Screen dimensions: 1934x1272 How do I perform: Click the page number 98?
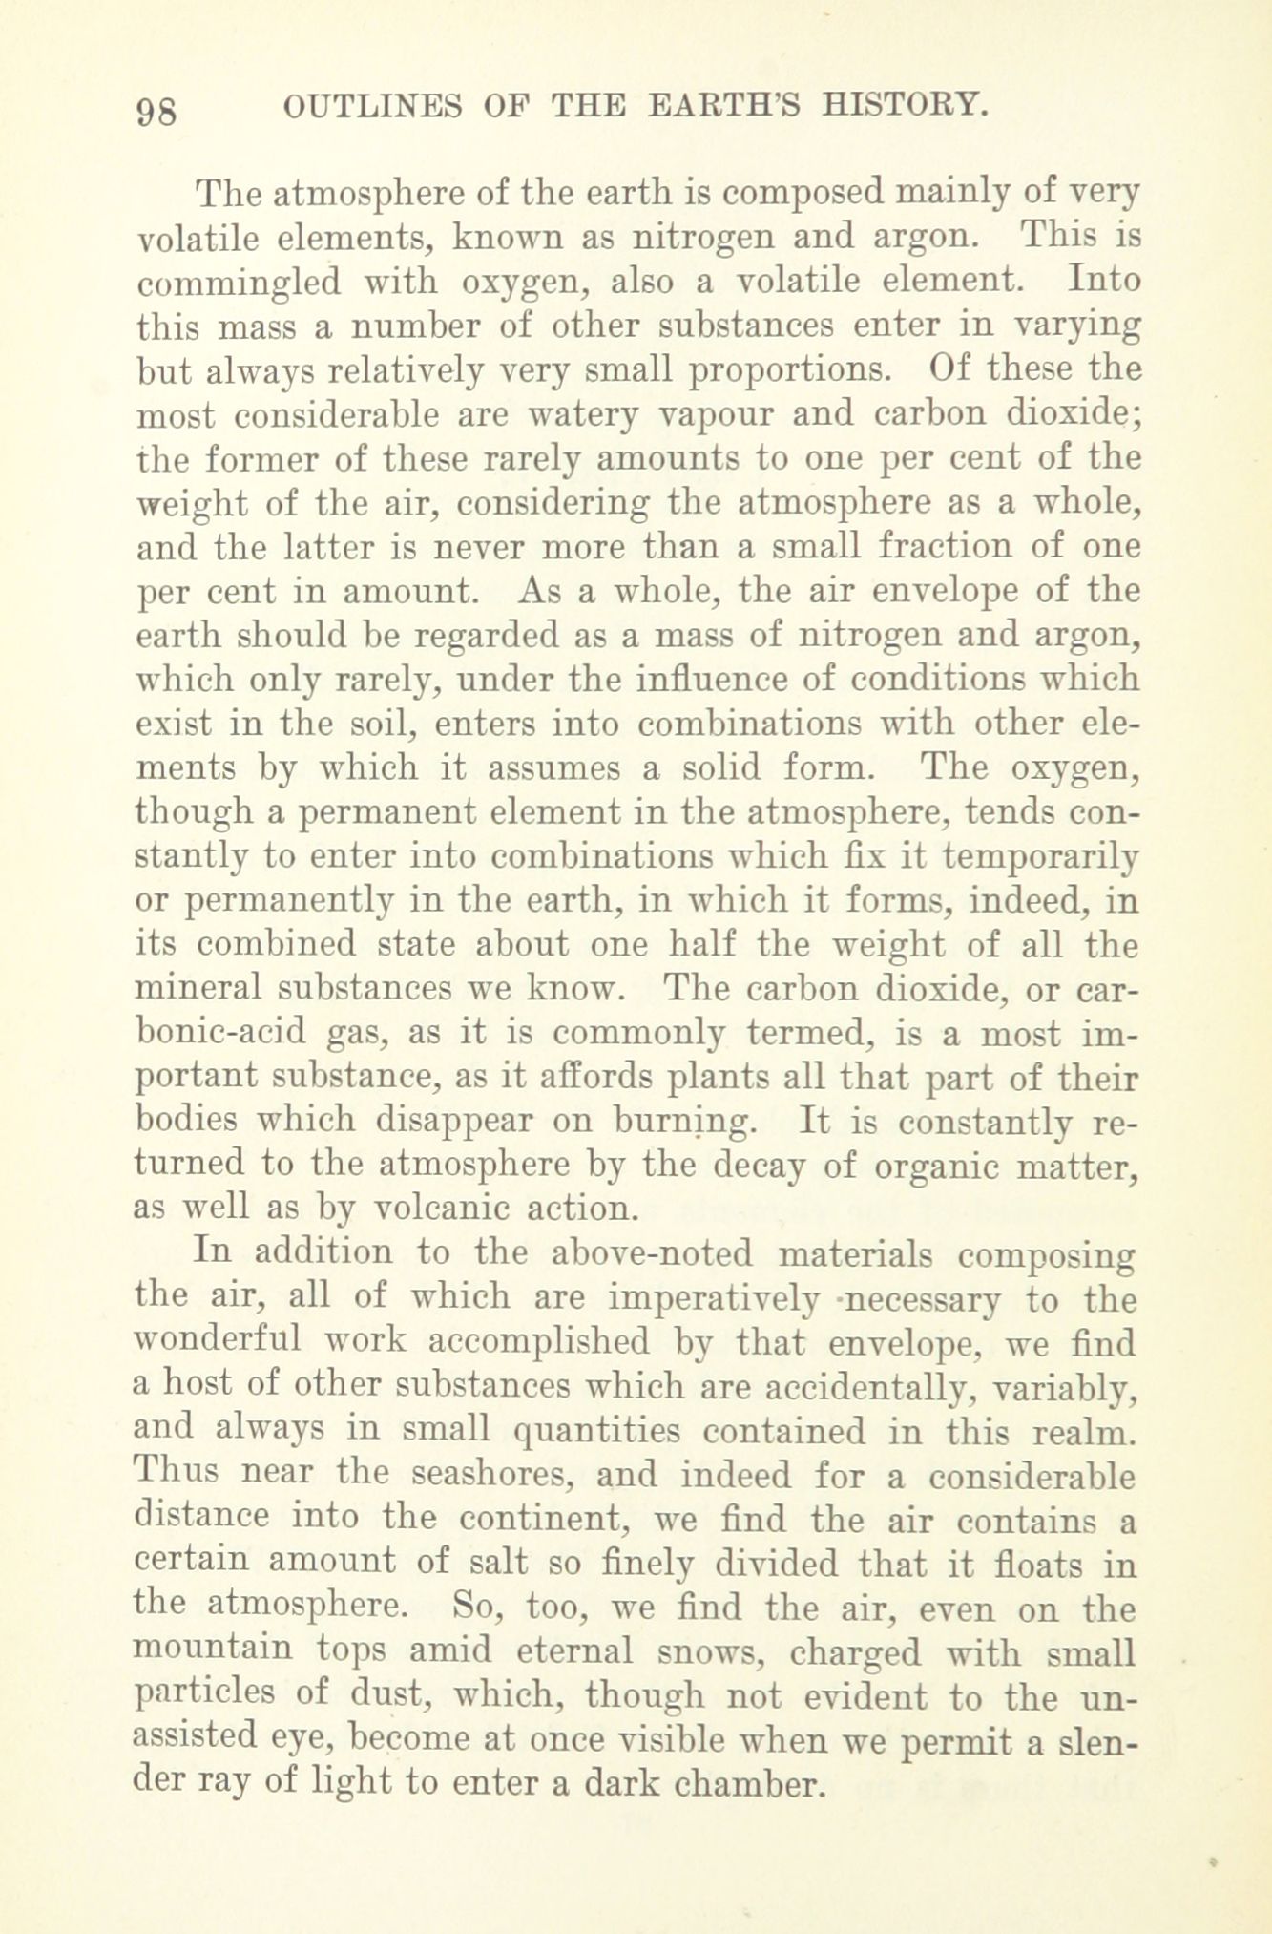pyautogui.click(x=157, y=111)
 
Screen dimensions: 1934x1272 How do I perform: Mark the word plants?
pyautogui.click(x=642, y=1077)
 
